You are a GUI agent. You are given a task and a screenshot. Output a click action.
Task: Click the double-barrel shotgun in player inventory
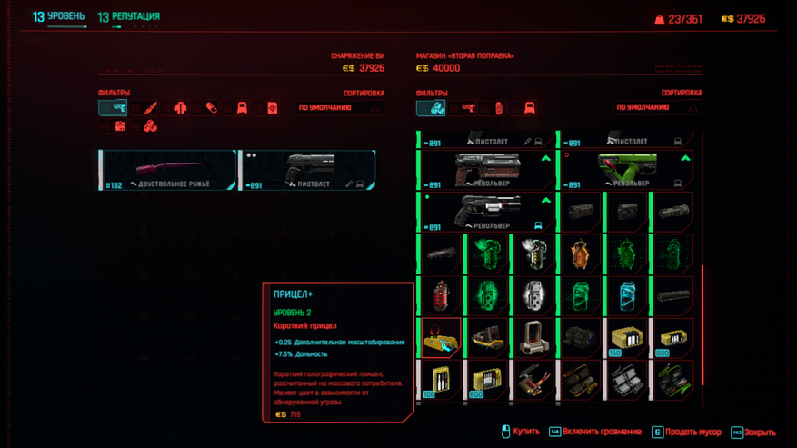(x=167, y=171)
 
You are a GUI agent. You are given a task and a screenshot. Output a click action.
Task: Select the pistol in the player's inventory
(x=307, y=171)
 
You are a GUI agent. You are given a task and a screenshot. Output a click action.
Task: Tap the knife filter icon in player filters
(x=151, y=108)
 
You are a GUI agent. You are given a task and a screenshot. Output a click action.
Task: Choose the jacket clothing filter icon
(x=181, y=108)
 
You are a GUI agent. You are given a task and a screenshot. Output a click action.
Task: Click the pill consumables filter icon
(x=211, y=108)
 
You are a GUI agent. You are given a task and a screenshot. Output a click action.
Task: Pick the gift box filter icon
(x=120, y=127)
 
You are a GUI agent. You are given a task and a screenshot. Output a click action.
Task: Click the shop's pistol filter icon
(x=468, y=108)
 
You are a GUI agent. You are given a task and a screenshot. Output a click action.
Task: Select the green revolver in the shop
(x=626, y=170)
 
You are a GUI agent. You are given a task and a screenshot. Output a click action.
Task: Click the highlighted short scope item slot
(x=441, y=338)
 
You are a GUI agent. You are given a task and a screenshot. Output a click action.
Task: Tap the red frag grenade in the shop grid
(x=441, y=296)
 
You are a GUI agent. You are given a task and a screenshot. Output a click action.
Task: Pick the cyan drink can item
(x=626, y=296)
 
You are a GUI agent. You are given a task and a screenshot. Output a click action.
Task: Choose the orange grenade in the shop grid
(x=580, y=254)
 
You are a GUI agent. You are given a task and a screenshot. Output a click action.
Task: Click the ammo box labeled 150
(x=626, y=338)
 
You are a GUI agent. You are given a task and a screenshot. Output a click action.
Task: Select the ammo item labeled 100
(x=441, y=380)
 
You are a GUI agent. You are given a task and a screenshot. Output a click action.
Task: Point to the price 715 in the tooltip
(x=294, y=414)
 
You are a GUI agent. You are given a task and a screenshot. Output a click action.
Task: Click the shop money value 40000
(x=446, y=68)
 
